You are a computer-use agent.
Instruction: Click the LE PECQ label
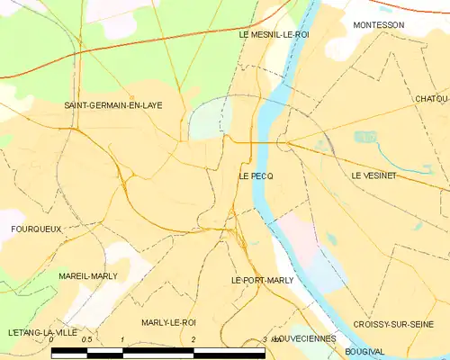(256, 176)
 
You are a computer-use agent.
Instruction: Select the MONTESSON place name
(378, 25)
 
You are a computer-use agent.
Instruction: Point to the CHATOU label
(432, 98)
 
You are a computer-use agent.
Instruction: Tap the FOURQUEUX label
(36, 229)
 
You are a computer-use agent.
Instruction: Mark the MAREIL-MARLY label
(87, 276)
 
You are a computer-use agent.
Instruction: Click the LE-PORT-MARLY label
(262, 281)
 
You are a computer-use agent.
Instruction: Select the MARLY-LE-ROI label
(168, 322)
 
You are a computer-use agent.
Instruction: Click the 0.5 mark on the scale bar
(86, 340)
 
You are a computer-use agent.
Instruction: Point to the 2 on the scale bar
(193, 340)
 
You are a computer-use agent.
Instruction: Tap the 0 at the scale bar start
(51, 340)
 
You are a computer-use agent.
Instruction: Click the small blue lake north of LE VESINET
(364, 137)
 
